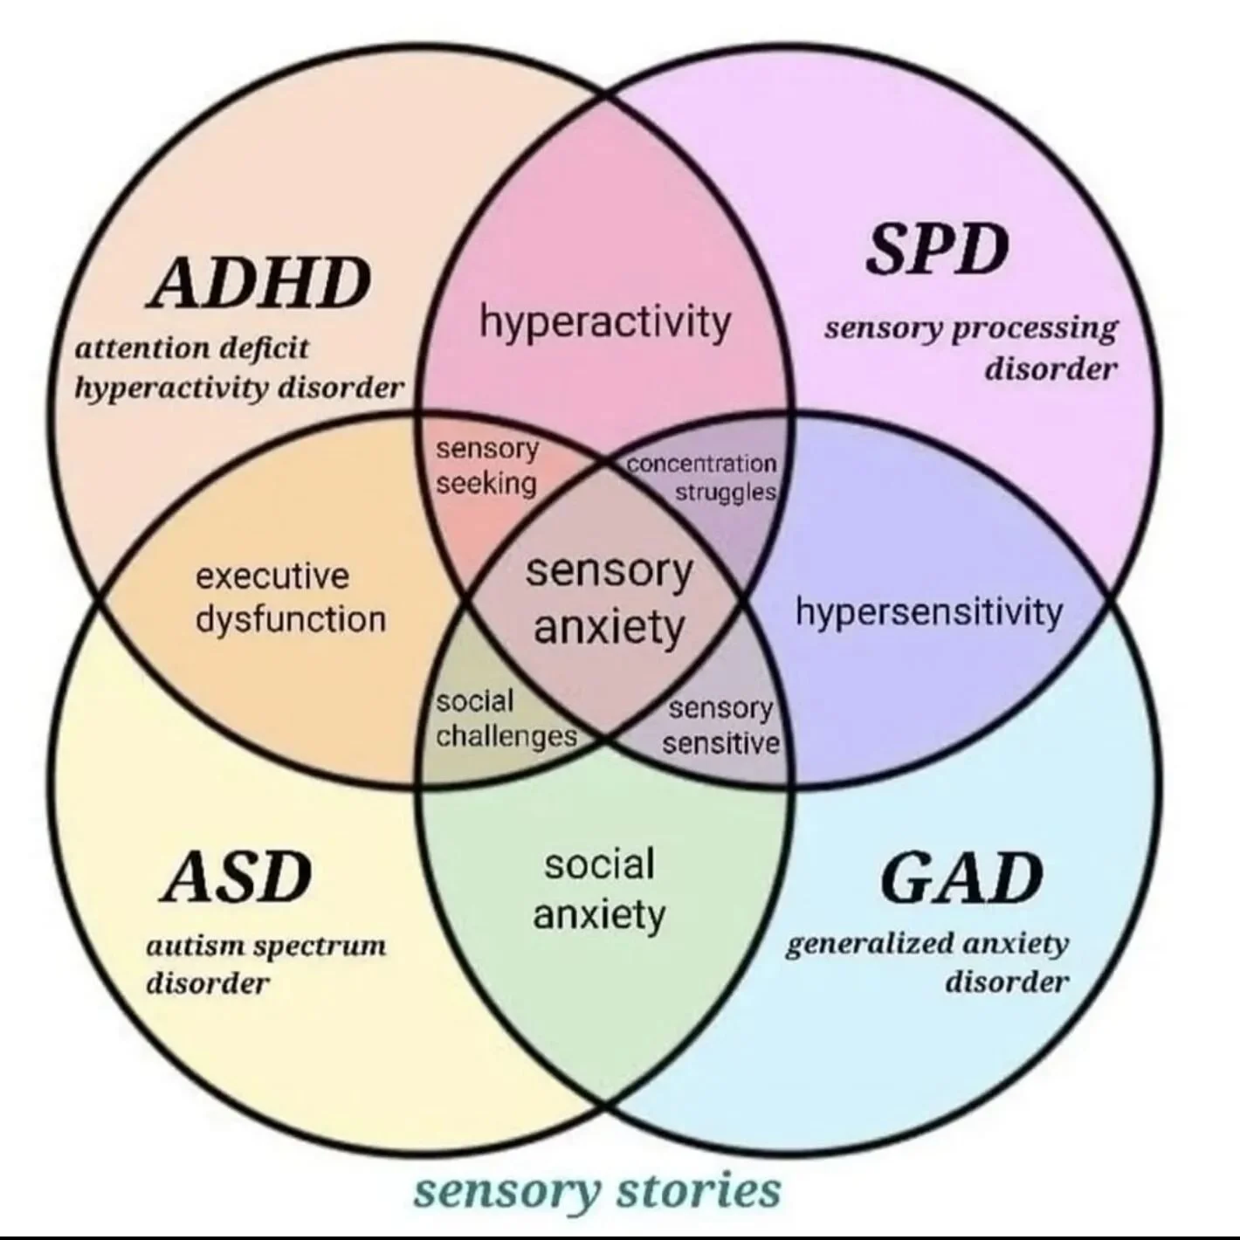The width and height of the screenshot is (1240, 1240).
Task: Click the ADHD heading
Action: tap(258, 284)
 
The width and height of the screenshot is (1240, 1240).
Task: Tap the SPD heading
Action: tap(936, 251)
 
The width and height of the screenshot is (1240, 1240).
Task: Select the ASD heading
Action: tap(237, 878)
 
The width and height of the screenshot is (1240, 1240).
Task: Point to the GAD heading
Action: tap(961, 878)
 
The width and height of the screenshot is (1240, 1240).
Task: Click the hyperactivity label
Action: tap(604, 322)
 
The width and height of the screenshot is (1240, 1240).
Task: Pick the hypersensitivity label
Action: tap(928, 612)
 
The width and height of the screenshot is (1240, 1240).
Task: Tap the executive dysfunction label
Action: tap(290, 598)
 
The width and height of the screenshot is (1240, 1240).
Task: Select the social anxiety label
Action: tap(599, 890)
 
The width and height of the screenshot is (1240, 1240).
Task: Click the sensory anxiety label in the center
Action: tap(609, 600)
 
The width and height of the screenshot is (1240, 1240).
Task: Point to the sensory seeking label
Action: tap(486, 466)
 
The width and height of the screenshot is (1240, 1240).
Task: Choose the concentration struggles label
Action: tap(702, 478)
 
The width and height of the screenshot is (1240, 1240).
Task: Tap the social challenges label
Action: tap(506, 720)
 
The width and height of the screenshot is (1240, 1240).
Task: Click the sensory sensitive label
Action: tap(720, 726)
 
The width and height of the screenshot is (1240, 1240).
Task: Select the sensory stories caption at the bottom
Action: tap(596, 1191)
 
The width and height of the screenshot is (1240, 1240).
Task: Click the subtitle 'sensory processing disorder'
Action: tap(971, 348)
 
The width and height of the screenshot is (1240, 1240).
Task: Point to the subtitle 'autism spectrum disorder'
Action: tap(265, 964)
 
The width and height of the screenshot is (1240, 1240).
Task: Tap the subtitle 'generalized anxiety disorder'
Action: tap(927, 961)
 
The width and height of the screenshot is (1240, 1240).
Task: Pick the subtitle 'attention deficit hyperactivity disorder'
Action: tap(238, 368)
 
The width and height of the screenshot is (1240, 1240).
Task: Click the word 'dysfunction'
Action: tap(290, 620)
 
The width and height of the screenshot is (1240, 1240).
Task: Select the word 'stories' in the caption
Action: tap(698, 1191)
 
